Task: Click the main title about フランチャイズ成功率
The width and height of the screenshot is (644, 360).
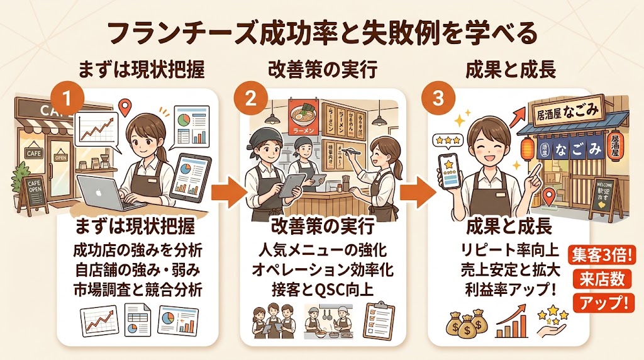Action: pyautogui.click(x=321, y=32)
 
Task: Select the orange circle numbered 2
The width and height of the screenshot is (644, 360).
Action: pyautogui.click(x=246, y=99)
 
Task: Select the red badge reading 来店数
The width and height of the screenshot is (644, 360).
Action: pyautogui.click(x=600, y=279)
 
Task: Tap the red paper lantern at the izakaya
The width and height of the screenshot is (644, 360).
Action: pyautogui.click(x=526, y=149)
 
